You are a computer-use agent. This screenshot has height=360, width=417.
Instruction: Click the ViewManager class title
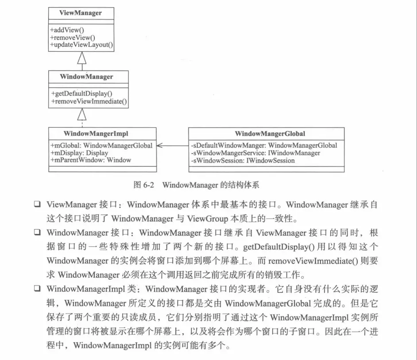coord(81,13)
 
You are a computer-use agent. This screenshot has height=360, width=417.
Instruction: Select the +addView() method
coord(67,30)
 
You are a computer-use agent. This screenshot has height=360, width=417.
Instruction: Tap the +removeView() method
coord(73,37)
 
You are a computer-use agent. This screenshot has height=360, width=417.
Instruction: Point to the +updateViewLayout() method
coord(82,44)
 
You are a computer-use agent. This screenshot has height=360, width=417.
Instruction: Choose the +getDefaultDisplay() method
coord(82,94)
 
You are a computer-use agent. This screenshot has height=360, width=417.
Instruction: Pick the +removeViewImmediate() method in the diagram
coord(89,101)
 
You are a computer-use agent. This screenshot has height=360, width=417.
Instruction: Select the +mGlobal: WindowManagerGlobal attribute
coord(102,145)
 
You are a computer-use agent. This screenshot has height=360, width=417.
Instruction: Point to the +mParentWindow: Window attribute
coord(91,160)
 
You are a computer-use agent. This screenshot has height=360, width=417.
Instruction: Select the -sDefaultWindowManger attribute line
coord(264,145)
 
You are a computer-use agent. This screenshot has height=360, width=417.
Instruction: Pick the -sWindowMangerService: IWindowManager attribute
coord(255,153)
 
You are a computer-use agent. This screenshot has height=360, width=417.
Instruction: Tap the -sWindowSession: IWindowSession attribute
coord(243,160)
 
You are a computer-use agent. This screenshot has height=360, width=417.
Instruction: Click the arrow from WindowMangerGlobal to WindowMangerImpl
coord(173,145)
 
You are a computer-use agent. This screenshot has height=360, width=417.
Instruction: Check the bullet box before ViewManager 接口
coord(37,205)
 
